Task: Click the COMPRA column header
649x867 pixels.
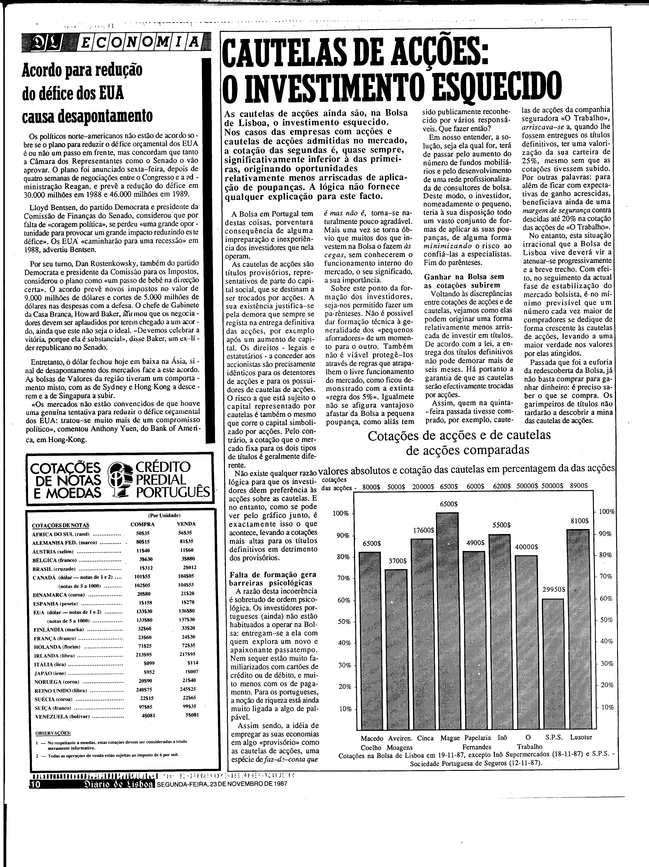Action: (143, 524)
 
